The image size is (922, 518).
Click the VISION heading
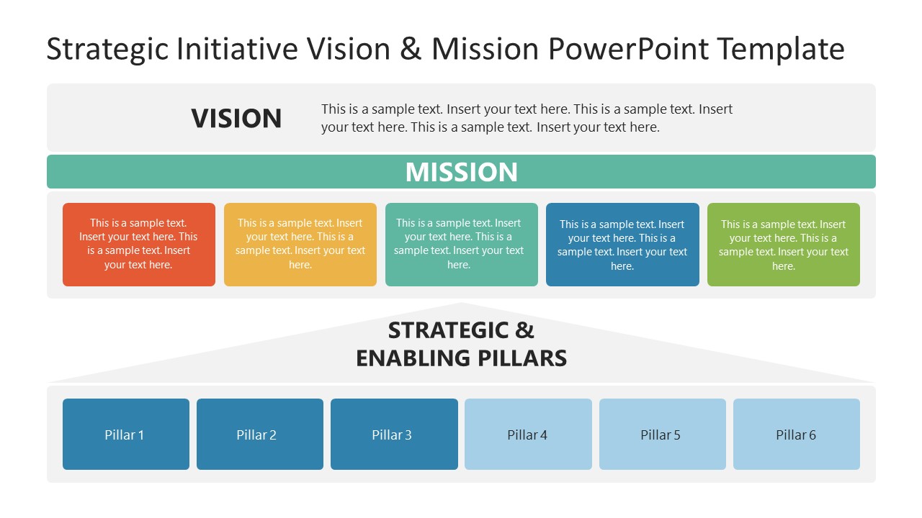pyautogui.click(x=236, y=119)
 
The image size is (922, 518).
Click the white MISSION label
pyautogui.click(x=461, y=172)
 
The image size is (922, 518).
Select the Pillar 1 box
pyautogui.click(x=125, y=435)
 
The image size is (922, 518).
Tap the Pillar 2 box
pyautogui.click(x=259, y=435)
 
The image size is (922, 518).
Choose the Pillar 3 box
pyautogui.click(x=394, y=435)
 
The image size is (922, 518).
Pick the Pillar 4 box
pyautogui.click(x=528, y=435)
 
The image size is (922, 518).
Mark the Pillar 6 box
pyautogui.click(x=796, y=435)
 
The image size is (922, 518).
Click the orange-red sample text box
pyautogui.click(x=138, y=245)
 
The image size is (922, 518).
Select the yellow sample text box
pyautogui.click(x=300, y=245)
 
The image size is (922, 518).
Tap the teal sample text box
pyautogui.click(x=461, y=245)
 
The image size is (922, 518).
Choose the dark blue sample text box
pyautogui.click(x=622, y=245)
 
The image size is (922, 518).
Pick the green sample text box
pyautogui.click(x=783, y=245)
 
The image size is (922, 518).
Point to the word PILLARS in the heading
pyautogui.click(x=524, y=358)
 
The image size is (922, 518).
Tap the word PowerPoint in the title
pyautogui.click(x=627, y=50)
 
